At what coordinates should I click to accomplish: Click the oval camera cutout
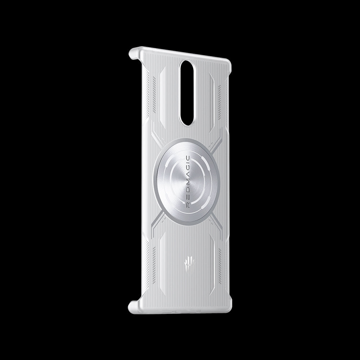[x=187, y=93]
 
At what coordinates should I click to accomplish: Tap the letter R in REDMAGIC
[x=187, y=206]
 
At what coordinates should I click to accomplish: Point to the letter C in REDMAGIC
[x=187, y=158]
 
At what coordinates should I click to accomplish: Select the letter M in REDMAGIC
[x=187, y=185]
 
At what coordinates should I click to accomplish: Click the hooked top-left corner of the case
[x=133, y=53]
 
